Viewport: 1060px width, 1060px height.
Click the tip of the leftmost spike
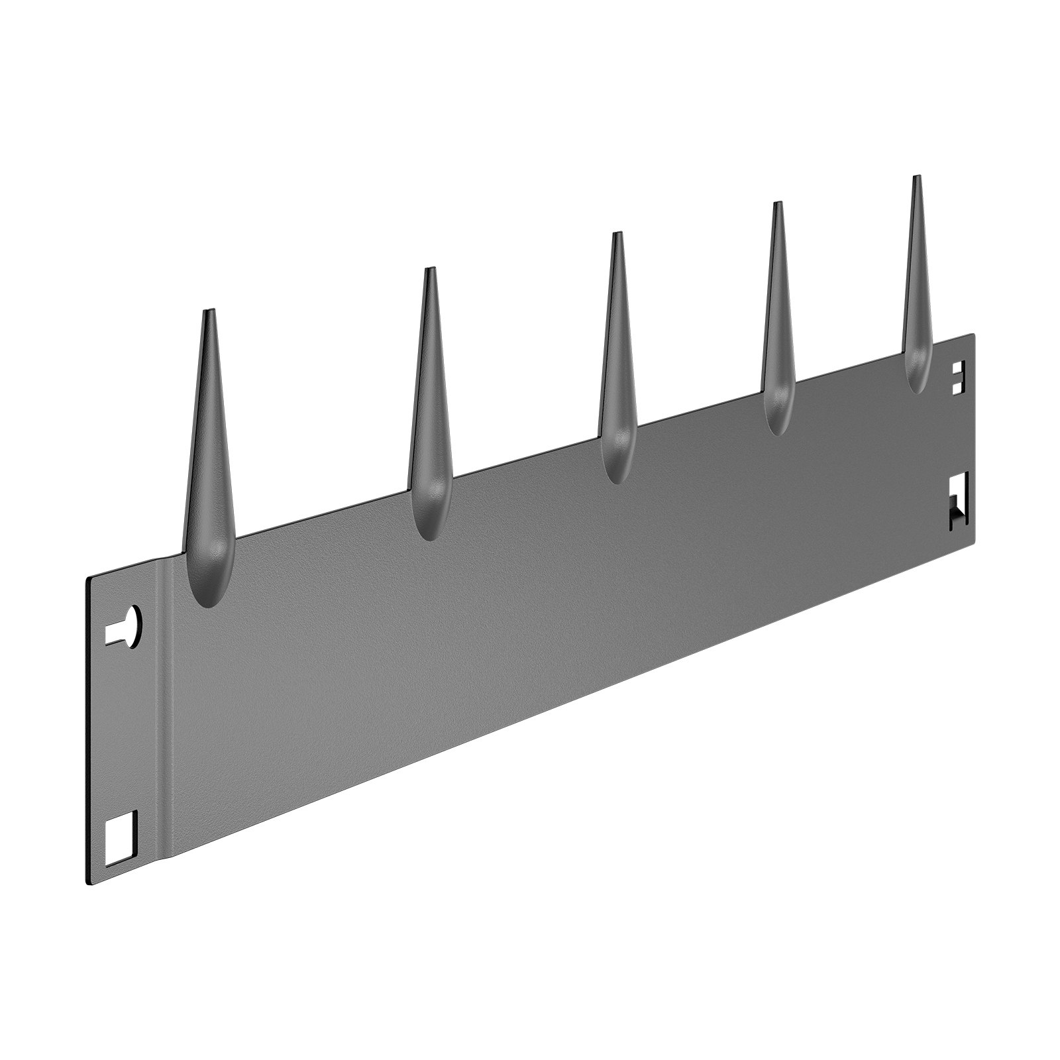(x=208, y=310)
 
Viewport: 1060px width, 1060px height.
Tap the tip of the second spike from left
(x=431, y=269)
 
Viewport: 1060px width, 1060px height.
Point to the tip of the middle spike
(x=617, y=234)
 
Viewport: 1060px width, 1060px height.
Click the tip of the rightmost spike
(x=916, y=177)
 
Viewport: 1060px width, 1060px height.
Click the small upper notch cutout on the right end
(x=957, y=378)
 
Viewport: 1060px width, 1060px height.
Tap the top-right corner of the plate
(x=974, y=335)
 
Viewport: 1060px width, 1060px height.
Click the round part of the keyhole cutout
(x=132, y=620)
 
